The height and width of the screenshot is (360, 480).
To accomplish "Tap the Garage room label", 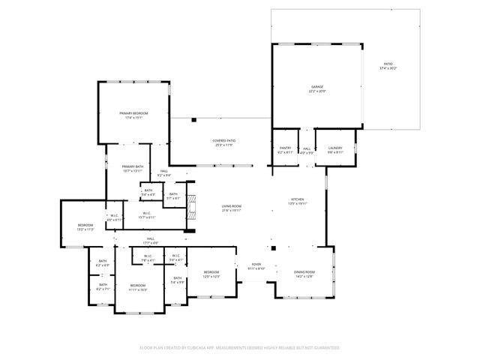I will coord(317,87).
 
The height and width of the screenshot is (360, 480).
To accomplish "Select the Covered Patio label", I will coord(223,141).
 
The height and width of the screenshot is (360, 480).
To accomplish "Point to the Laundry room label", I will coord(334,148).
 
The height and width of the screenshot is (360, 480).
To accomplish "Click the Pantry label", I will coord(285,148).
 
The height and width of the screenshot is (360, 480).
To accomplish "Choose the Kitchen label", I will coord(298,199).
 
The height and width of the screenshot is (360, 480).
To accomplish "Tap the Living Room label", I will coord(231,206).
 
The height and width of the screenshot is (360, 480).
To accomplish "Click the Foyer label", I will coord(256,265).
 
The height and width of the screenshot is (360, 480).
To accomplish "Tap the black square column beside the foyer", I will coord(273,248).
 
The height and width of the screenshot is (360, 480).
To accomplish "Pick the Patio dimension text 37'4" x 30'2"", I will coord(387,68).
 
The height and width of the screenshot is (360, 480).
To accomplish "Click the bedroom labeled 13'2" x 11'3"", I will coord(84,227).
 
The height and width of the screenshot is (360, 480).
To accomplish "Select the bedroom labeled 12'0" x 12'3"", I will coord(211,274).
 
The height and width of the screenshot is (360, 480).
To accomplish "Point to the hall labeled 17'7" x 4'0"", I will coord(151,240).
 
